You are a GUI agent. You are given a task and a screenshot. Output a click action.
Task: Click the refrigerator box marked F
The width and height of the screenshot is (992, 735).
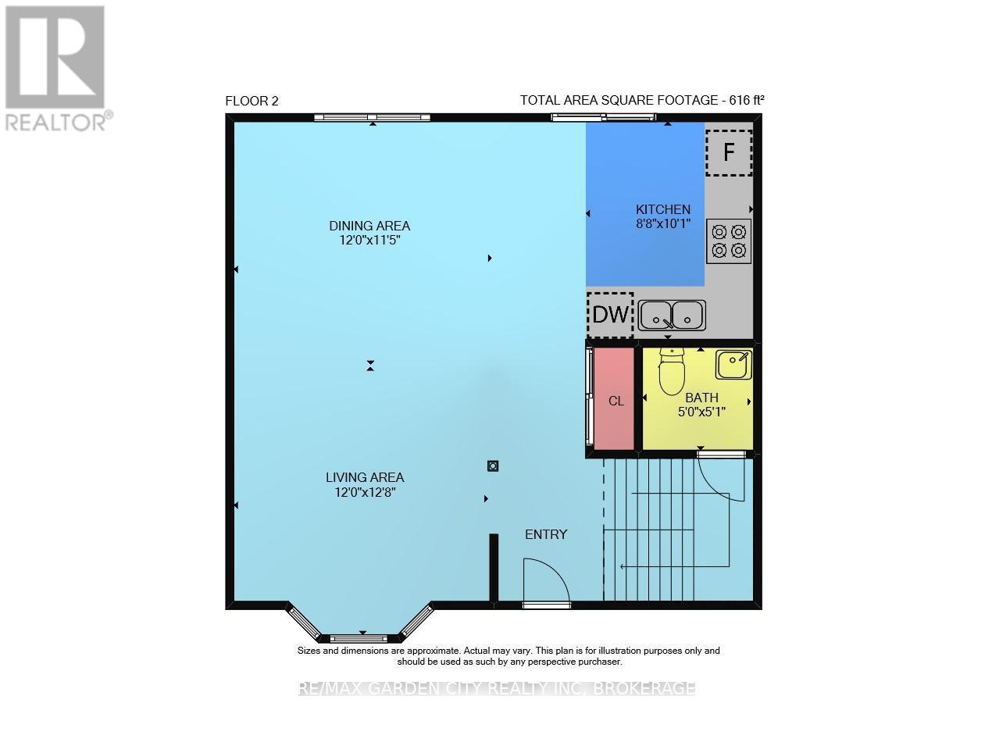[729, 152]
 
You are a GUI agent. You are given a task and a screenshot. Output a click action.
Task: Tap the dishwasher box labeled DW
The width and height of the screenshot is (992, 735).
[610, 315]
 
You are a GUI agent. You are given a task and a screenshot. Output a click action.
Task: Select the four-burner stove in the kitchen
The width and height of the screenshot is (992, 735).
[729, 241]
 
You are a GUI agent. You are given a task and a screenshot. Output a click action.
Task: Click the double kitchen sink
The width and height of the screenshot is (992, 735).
[672, 316]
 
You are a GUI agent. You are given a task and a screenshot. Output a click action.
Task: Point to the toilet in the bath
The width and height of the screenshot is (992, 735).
[672, 373]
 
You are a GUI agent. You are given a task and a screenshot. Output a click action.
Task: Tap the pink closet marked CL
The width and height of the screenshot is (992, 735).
[615, 400]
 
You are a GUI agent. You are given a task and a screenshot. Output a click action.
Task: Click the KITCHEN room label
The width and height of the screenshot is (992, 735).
[662, 209]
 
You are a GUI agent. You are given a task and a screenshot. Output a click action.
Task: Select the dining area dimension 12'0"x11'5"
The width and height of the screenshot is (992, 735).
[369, 240]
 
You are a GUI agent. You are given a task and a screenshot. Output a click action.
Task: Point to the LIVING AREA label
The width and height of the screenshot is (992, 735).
[365, 477]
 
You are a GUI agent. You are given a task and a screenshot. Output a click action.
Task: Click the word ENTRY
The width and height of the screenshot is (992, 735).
[546, 534]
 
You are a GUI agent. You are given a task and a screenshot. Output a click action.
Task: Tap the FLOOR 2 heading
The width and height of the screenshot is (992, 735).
[252, 101]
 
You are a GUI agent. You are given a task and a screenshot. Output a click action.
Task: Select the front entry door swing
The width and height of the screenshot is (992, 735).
[546, 582]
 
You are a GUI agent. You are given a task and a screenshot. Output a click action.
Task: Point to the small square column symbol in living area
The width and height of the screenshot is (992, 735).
[493, 466]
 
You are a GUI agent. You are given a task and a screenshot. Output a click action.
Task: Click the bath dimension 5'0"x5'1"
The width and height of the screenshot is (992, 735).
[701, 412]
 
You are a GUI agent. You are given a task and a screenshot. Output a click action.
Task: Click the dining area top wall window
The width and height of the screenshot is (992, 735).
[372, 118]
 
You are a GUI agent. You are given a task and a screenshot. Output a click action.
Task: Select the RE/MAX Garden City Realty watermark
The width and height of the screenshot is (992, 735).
[497, 688]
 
